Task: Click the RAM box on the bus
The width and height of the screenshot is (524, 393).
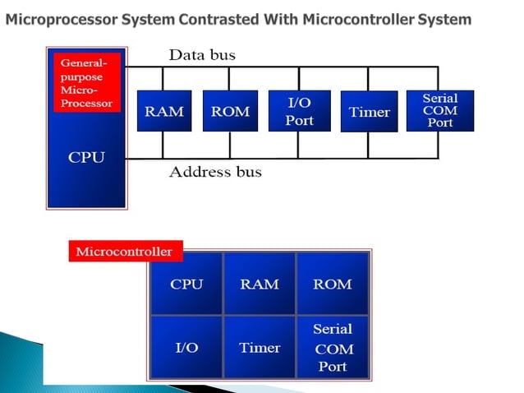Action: click(x=164, y=111)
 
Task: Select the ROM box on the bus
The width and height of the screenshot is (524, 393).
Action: click(x=230, y=111)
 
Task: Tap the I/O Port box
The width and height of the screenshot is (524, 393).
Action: click(x=299, y=111)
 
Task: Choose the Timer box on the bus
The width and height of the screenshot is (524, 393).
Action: click(x=369, y=111)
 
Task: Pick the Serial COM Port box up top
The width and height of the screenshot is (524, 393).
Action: click(x=439, y=110)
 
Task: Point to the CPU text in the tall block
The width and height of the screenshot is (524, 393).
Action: click(x=86, y=157)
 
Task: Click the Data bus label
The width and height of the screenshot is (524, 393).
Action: click(x=202, y=55)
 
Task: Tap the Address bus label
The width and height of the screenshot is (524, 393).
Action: click(x=215, y=172)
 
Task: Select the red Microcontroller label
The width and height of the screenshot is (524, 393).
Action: click(x=124, y=252)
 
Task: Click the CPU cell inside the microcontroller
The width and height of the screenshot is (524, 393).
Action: click(x=186, y=284)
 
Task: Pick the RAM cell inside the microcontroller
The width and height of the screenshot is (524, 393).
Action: click(x=259, y=284)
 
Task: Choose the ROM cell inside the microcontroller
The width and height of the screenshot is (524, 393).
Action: click(x=332, y=284)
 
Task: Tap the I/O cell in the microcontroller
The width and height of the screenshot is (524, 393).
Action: click(x=186, y=347)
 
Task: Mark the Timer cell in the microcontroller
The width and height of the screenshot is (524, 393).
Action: click(x=259, y=347)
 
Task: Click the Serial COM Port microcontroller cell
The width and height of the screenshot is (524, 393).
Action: click(x=332, y=347)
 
